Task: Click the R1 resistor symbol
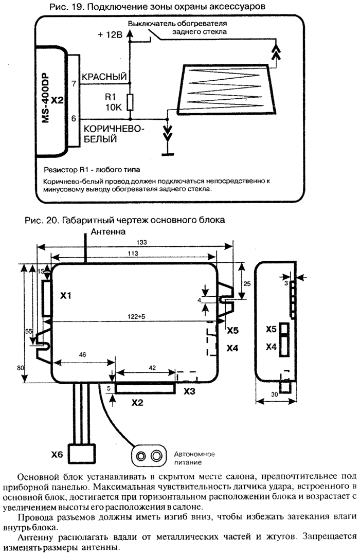(131, 102)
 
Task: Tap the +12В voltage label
(110, 34)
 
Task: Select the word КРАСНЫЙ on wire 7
(104, 77)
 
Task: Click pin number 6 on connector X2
(74, 118)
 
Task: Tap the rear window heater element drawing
(227, 88)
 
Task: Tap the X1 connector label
(66, 295)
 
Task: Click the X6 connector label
(57, 454)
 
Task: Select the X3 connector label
(189, 391)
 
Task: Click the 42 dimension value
(152, 368)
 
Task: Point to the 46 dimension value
(83, 354)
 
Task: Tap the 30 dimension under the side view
(275, 394)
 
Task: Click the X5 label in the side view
(271, 329)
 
